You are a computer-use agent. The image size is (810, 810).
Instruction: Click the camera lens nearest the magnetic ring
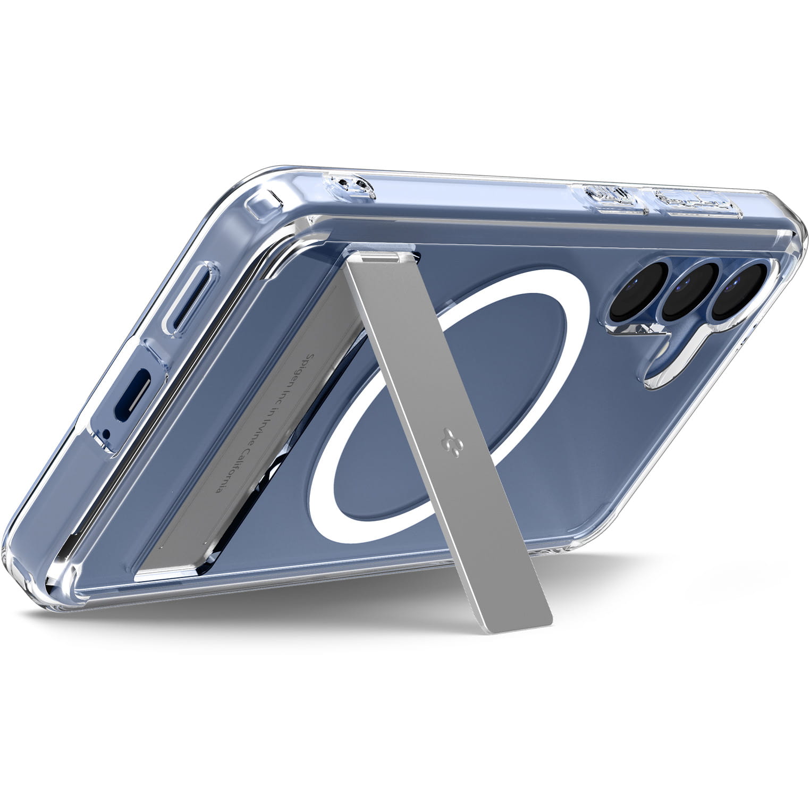638,290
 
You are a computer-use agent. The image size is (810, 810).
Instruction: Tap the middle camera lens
688,290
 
